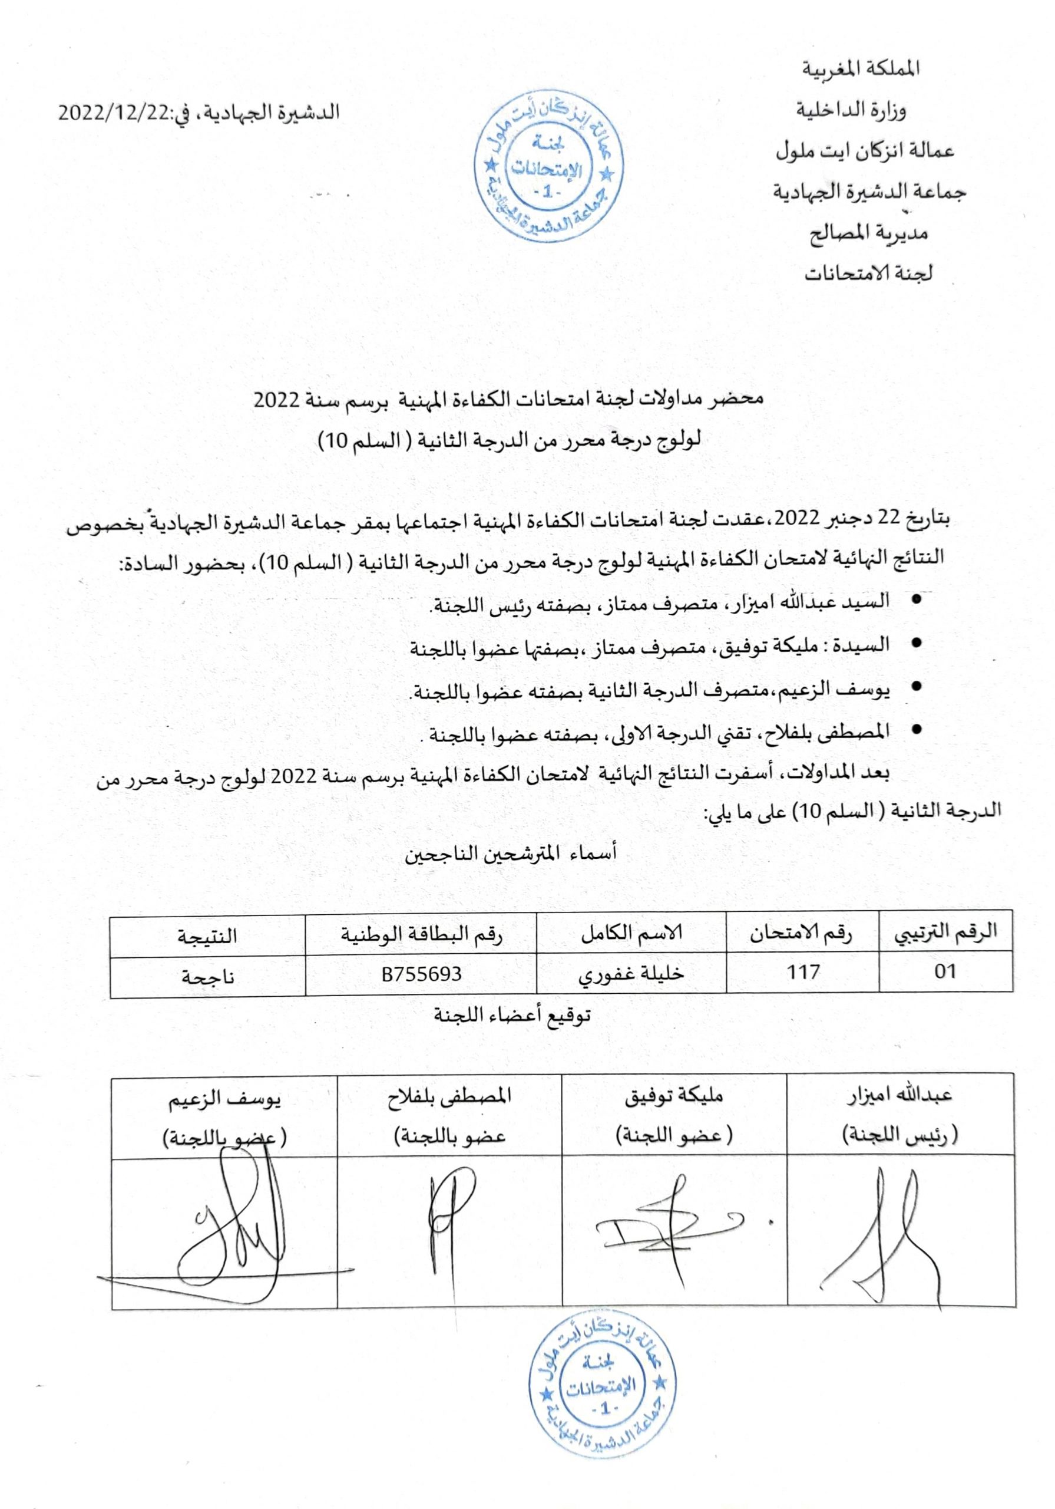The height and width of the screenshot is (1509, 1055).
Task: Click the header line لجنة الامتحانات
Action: point(868,272)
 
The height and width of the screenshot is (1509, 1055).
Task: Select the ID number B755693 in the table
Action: point(421,973)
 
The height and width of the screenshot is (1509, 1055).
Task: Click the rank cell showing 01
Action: point(945,971)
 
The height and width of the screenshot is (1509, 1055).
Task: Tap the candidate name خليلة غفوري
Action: point(631,973)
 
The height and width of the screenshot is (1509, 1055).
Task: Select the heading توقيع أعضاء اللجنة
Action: point(512,1016)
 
